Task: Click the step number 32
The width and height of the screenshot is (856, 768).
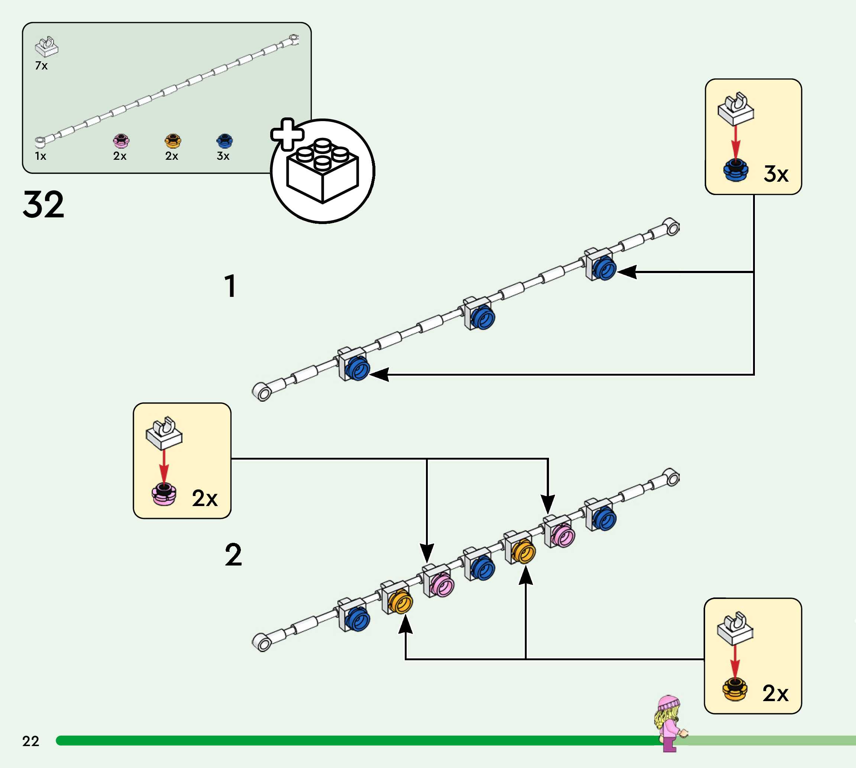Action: [x=43, y=205]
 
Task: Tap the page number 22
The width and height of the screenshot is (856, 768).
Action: [x=30, y=741]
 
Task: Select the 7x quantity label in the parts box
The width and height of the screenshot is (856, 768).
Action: [x=41, y=66]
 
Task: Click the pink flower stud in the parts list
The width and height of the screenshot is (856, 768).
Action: [x=121, y=140]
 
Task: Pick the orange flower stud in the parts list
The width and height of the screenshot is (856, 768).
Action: [x=172, y=140]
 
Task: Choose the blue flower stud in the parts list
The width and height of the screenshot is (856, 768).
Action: [x=225, y=140]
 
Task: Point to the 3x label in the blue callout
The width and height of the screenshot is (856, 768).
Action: [x=776, y=174]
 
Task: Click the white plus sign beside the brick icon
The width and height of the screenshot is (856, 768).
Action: [x=287, y=134]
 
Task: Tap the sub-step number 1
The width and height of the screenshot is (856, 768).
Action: [x=230, y=286]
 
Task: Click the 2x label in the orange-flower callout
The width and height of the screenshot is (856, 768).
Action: [x=775, y=693]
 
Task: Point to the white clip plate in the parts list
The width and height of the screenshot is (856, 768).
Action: [x=46, y=47]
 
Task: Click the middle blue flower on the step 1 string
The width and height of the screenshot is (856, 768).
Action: [x=482, y=317]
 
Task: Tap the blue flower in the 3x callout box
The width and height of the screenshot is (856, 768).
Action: [x=735, y=171]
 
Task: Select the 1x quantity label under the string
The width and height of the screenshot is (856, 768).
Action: [x=41, y=156]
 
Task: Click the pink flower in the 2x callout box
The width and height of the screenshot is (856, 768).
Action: [x=164, y=495]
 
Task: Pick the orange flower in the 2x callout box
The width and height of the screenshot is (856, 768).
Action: [x=735, y=690]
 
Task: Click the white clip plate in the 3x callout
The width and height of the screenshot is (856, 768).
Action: [x=736, y=109]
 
